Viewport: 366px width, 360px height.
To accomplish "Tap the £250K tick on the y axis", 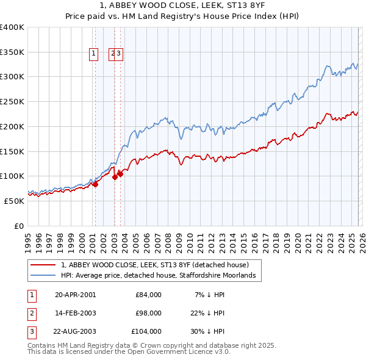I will tap(12, 101).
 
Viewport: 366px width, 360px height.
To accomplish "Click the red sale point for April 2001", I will tap(95, 184).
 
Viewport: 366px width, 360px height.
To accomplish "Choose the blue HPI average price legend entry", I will tap(161, 276).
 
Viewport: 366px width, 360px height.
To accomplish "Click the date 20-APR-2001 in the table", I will tap(76, 295).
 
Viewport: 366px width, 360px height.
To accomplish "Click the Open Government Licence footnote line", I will tap(129, 352).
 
